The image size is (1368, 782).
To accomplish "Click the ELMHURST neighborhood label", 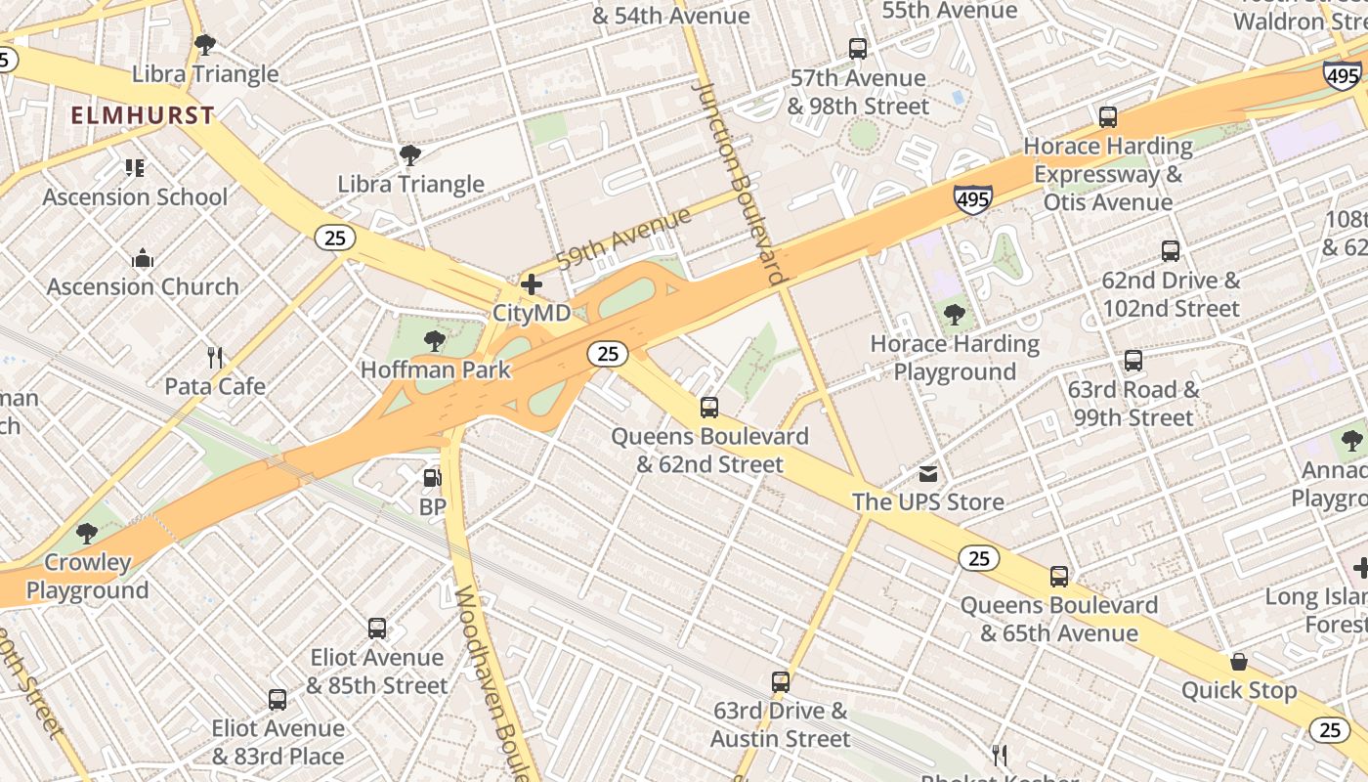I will (143, 115).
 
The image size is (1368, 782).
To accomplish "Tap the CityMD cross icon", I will (532, 284).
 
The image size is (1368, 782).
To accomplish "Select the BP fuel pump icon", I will (432, 478).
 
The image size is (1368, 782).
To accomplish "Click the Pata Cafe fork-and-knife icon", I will (215, 358).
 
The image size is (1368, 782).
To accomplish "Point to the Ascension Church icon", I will (143, 259).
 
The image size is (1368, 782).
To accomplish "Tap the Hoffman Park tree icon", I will (435, 341).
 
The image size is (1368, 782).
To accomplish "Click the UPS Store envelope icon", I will (927, 474).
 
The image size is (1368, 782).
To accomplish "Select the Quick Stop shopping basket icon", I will (1239, 662).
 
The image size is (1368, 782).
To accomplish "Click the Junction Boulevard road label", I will (740, 182).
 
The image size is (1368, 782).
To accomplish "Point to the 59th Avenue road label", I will (623, 238).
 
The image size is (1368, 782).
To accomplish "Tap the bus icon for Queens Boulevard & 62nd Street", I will (709, 408).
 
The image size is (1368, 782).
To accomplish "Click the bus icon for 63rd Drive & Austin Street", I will (780, 682).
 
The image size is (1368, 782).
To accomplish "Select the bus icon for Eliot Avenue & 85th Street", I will (377, 629).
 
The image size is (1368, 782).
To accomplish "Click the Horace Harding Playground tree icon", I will (955, 315).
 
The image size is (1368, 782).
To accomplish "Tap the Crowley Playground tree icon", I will (87, 534).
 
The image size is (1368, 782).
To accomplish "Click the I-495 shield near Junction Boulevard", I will (973, 199).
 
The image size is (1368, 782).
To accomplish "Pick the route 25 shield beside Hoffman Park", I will (607, 354).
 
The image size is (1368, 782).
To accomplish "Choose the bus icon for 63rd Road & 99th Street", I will (1133, 361).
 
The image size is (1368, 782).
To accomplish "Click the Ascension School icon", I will (135, 168).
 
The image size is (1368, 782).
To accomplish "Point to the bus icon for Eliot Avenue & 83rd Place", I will (278, 700).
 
